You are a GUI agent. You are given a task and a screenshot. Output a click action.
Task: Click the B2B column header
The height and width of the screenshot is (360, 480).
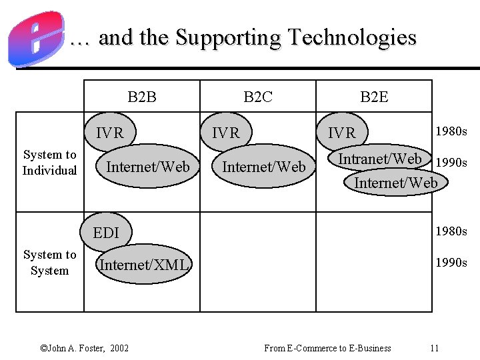coord(142,97)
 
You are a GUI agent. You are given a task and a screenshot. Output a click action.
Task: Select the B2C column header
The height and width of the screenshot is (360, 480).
coord(258,97)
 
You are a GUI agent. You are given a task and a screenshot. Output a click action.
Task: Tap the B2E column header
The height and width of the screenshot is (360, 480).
coord(374,97)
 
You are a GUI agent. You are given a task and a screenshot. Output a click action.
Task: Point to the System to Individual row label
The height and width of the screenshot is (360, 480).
coord(50,163)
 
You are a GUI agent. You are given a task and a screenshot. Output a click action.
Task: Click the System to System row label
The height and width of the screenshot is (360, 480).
coord(50,263)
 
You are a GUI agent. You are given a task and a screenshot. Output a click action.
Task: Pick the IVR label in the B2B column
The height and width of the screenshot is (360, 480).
coord(110,133)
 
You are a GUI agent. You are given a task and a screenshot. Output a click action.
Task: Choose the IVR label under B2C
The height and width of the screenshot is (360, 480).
coord(225,133)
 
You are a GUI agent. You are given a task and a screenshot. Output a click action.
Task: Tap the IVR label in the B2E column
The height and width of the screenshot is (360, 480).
coord(342,133)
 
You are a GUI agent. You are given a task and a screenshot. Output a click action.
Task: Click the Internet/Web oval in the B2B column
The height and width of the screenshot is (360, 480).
coord(148,166)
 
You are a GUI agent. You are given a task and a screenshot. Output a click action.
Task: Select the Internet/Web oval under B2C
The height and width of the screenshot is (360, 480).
coord(263,166)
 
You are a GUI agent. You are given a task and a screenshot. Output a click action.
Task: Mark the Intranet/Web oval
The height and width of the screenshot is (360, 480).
coord(380,159)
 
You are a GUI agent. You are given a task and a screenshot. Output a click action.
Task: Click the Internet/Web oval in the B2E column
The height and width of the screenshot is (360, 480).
coord(396,182)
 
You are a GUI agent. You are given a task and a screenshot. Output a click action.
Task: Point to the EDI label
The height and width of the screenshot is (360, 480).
coord(106,233)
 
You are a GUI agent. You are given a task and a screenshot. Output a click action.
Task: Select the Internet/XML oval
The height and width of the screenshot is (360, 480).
coord(144,265)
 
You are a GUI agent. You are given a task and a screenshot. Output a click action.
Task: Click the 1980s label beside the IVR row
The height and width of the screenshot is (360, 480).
coord(451,131)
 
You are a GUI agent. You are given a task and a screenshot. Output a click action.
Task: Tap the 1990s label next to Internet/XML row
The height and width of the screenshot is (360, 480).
coord(451,263)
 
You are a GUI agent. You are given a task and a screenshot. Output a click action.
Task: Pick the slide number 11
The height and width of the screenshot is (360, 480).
coord(434,348)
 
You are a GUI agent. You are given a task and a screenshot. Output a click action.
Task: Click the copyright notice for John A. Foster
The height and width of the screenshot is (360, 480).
coord(85,348)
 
